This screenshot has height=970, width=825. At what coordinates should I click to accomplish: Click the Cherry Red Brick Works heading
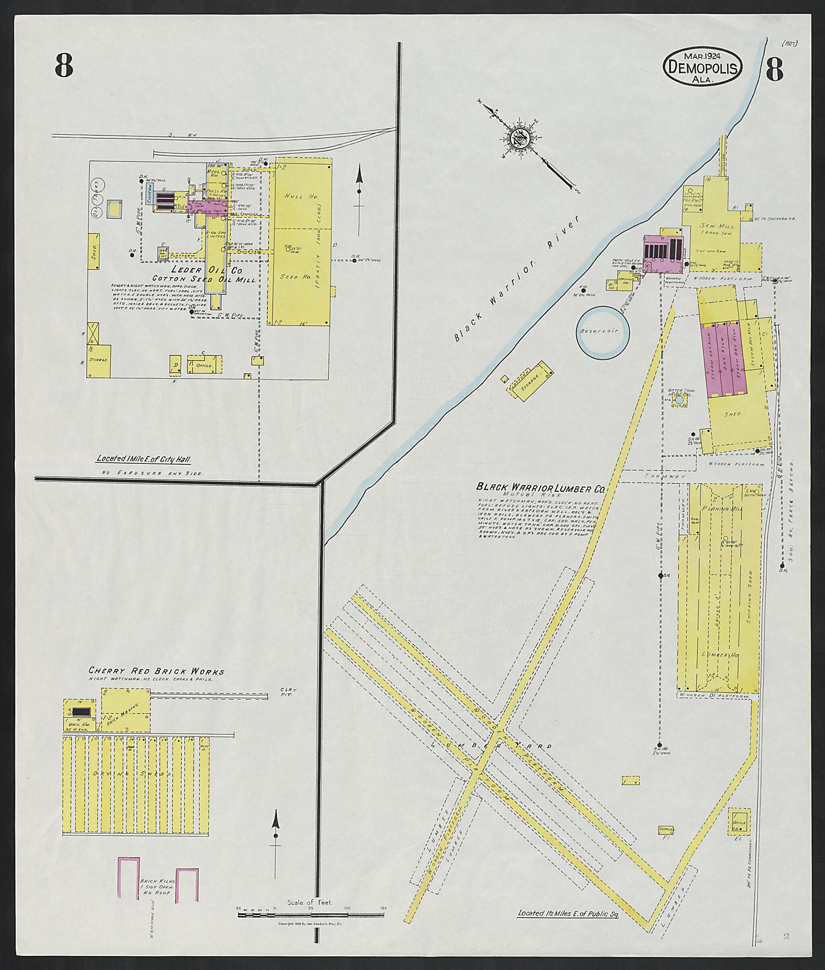tap(156, 672)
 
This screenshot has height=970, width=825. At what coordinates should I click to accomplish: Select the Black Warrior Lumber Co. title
tap(540, 487)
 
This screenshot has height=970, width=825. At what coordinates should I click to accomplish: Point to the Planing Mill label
tap(720, 508)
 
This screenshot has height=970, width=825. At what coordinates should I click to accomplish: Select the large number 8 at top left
tap(64, 66)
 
